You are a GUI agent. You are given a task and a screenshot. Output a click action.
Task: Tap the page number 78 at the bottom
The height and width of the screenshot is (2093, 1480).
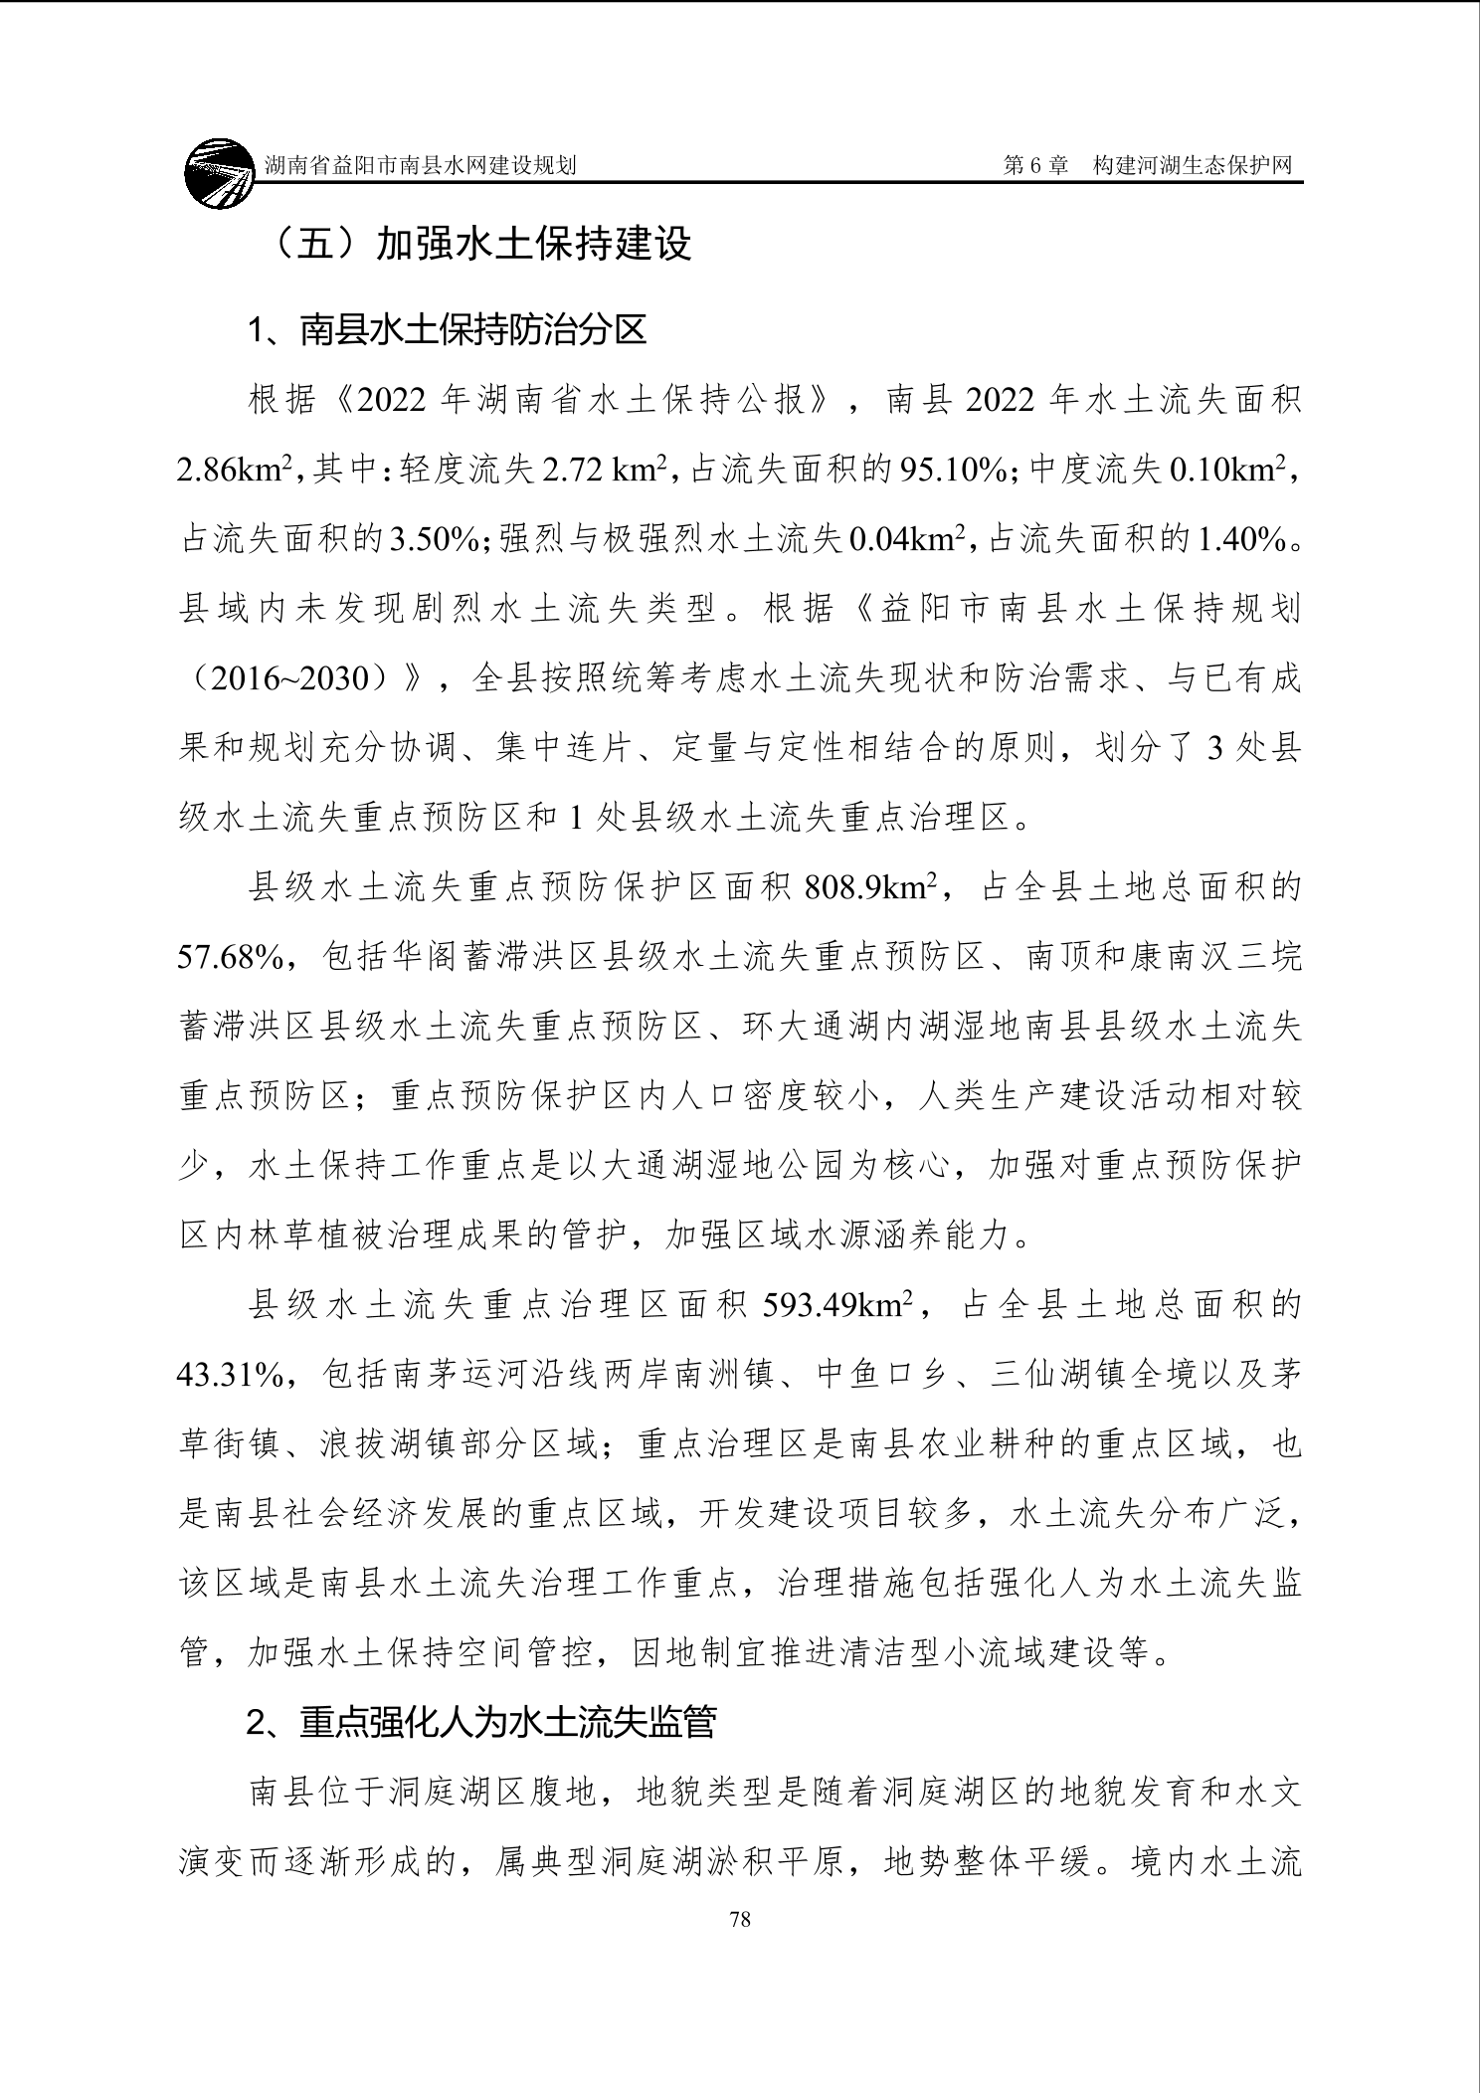point(740,1919)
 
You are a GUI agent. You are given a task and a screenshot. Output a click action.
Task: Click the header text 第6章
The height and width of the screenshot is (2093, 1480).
point(1035,165)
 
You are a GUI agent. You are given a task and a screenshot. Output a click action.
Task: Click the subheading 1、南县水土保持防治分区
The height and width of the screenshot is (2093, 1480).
point(447,330)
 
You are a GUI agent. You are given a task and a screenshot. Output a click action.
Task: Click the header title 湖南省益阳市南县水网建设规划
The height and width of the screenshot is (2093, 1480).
point(421,165)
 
